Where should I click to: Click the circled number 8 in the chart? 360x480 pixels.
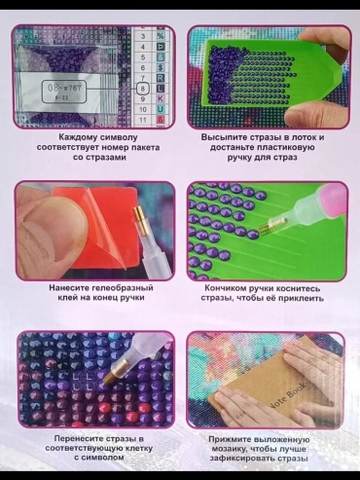click(143, 89)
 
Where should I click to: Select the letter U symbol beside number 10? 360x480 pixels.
click(161, 109)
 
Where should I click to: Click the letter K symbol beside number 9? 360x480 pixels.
click(161, 99)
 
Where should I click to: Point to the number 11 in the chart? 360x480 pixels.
click(143, 120)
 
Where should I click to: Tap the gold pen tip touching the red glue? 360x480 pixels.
click(141, 218)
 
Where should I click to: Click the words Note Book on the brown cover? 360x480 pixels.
click(286, 395)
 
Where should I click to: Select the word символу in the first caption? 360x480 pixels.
click(119, 137)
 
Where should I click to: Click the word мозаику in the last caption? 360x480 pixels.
click(230, 449)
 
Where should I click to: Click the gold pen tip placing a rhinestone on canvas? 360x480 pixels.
click(111, 374)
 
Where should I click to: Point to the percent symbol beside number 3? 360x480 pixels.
click(161, 36)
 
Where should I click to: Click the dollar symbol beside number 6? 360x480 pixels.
click(161, 67)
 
